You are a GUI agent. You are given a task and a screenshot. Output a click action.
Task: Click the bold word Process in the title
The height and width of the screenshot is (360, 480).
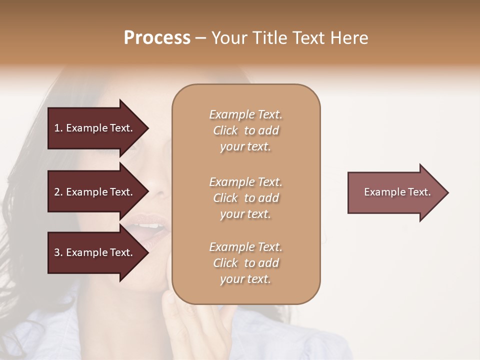pos(157,38)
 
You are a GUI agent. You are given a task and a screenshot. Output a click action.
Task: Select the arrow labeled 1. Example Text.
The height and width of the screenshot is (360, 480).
pos(95,128)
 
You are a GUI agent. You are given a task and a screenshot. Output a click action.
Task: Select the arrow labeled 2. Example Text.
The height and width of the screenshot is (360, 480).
pos(95,192)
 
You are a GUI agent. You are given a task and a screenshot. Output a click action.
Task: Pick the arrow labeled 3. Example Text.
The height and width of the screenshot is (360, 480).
pos(95,252)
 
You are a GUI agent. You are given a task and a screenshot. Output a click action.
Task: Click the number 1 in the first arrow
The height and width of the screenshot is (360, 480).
pos(57,128)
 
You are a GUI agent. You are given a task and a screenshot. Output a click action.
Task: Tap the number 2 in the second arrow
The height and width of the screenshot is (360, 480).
pos(57,192)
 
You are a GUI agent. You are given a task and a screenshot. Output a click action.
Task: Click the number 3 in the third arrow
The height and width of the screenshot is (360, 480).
pos(57,252)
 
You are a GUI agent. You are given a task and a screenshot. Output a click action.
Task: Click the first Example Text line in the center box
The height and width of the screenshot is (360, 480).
pos(245,114)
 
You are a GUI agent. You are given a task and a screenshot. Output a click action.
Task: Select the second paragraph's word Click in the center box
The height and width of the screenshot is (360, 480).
pos(225,198)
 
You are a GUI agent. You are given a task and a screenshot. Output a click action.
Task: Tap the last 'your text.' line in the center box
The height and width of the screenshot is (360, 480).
pos(245,279)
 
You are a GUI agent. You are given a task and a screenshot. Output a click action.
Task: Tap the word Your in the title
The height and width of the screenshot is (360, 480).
pos(228,38)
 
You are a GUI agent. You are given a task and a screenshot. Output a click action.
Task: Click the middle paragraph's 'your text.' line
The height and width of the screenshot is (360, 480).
pos(245,214)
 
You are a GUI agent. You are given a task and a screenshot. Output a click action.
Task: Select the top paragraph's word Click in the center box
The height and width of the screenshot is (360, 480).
pos(225,130)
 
